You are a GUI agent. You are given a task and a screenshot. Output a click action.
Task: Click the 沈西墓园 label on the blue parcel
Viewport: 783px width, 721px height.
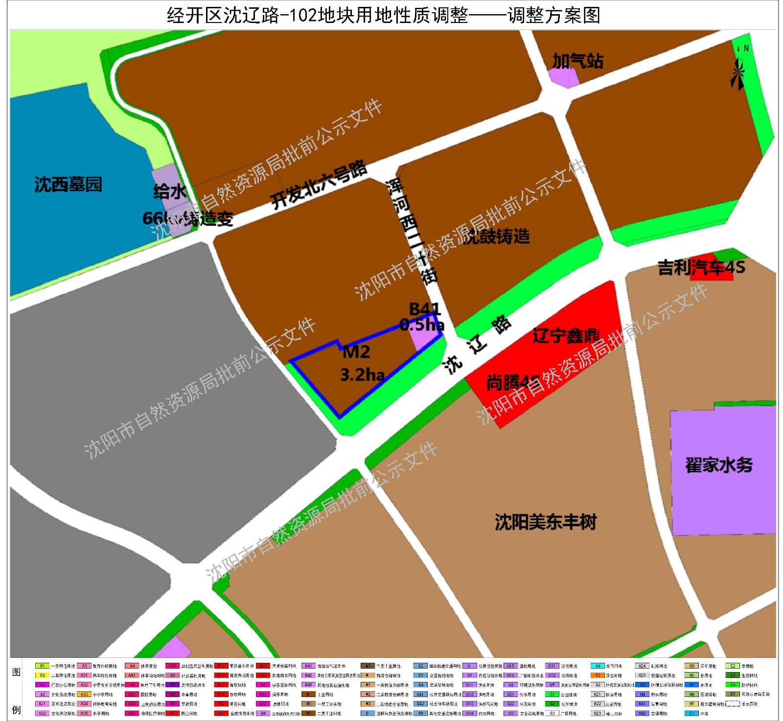pos(68,184)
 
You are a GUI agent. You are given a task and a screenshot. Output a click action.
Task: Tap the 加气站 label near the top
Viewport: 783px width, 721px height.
pos(577,61)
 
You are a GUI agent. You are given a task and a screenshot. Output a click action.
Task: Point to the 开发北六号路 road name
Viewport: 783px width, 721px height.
pos(319,185)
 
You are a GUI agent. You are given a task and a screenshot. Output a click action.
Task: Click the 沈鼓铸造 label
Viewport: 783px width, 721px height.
pos(496,236)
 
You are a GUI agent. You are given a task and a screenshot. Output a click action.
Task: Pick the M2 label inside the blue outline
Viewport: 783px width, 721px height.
pos(356,352)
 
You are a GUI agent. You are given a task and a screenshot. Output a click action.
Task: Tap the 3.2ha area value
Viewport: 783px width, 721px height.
pos(363,375)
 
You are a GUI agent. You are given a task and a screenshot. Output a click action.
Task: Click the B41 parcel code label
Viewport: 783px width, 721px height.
pos(425,309)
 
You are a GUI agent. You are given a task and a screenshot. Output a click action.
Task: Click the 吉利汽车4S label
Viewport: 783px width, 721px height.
pos(701,268)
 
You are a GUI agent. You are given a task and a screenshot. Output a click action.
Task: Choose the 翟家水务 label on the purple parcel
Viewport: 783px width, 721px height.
pos(718,465)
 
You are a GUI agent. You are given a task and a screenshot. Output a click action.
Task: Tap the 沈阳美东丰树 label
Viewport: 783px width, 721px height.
pos(546,522)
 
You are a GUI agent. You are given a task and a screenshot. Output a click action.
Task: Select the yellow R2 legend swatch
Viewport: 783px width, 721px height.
pos(42,676)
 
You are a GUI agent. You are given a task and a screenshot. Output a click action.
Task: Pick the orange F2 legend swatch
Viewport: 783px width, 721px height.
pos(598,676)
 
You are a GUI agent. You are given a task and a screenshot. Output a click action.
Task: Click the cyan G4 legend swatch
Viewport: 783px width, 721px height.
pos(598,666)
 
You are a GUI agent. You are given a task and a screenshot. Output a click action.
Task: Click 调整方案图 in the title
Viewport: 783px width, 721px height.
pos(553,16)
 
